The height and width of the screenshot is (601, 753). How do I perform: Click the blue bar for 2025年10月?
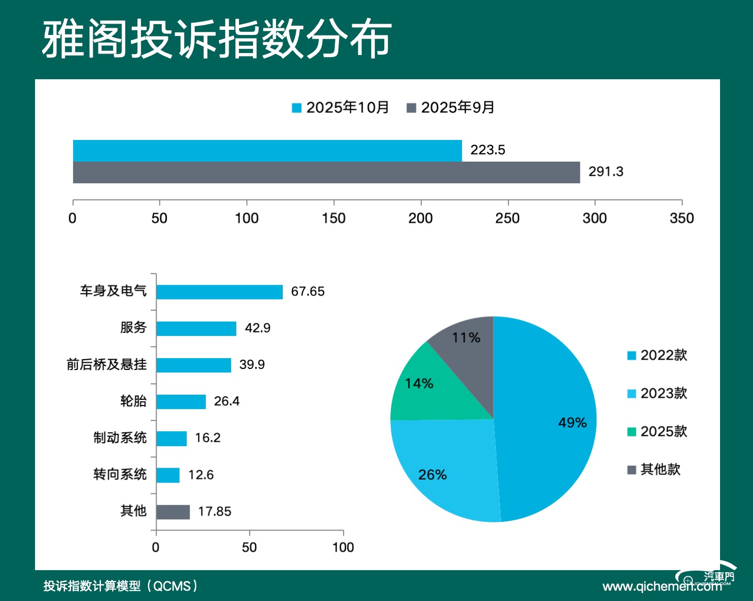click(x=267, y=151)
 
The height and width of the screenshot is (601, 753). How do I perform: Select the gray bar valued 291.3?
click(x=326, y=172)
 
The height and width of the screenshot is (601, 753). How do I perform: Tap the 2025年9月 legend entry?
click(x=451, y=108)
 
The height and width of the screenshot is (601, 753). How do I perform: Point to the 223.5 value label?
click(x=487, y=150)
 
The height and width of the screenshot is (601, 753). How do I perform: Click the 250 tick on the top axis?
click(x=507, y=218)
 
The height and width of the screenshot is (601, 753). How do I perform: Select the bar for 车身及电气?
click(x=219, y=292)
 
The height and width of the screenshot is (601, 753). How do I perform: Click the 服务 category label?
click(x=133, y=328)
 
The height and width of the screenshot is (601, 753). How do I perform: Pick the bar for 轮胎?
click(x=181, y=401)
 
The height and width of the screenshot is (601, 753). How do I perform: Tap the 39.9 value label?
click(x=252, y=365)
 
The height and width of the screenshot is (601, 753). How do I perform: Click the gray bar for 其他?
click(x=173, y=512)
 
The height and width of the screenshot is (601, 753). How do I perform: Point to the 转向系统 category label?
click(x=120, y=474)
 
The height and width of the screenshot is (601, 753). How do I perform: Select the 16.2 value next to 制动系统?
click(x=208, y=438)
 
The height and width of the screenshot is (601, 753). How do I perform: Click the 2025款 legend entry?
click(x=657, y=432)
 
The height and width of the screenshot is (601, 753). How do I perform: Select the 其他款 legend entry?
click(x=654, y=470)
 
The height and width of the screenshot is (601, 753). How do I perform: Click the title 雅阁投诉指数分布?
click(x=217, y=39)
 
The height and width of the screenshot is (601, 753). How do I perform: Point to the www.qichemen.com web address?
click(x=662, y=587)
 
